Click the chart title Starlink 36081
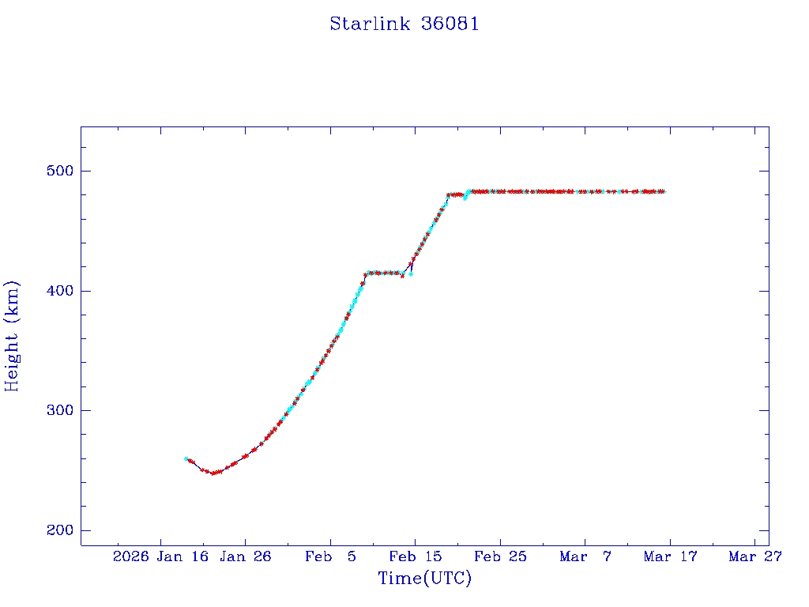pyautogui.click(x=404, y=25)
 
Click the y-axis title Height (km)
pyautogui.click(x=12, y=335)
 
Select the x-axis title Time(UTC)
pyautogui.click(x=424, y=579)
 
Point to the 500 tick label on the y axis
pyautogui.click(x=60, y=171)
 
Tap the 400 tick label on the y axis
pyautogui.click(x=60, y=291)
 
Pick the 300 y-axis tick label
pyautogui.click(x=60, y=410)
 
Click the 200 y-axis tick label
pyautogui.click(x=60, y=530)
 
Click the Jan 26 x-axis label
pyautogui.click(x=245, y=556)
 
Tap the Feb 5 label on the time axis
pyautogui.click(x=330, y=556)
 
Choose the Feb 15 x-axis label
pyautogui.click(x=415, y=556)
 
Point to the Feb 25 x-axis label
pyautogui.click(x=500, y=556)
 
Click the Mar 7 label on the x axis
pyautogui.click(x=585, y=556)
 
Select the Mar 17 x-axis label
pyautogui.click(x=670, y=556)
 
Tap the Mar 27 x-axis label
pyautogui.click(x=755, y=556)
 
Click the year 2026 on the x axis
pyautogui.click(x=130, y=556)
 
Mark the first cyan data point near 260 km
pyautogui.click(x=186, y=458)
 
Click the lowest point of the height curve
pyautogui.click(x=213, y=473)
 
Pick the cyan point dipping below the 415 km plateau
pyautogui.click(x=411, y=274)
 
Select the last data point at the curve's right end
pyautogui.click(x=664, y=191)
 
